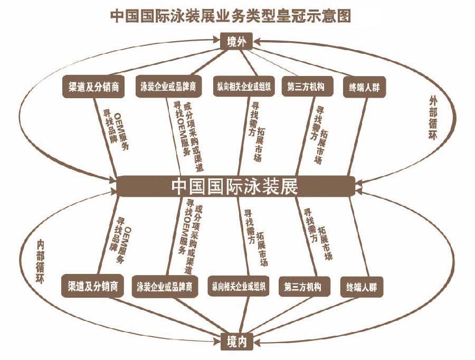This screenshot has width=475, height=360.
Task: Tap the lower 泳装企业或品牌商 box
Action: point(167,287)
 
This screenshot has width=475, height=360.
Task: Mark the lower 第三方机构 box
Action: point(307,287)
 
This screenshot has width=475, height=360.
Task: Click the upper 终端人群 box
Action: point(364,88)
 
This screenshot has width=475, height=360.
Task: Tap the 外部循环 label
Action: point(434,118)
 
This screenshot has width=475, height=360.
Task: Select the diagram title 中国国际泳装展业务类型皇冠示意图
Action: point(231,15)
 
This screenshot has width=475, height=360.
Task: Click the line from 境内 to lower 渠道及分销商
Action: point(164,315)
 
